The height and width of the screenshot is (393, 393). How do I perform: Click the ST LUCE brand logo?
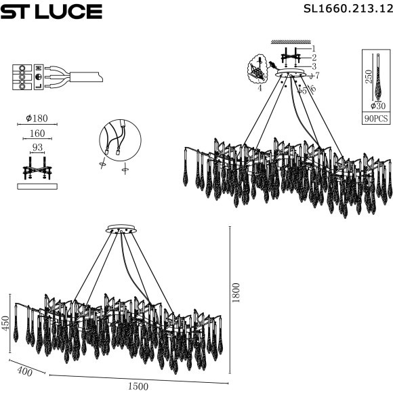[51, 12]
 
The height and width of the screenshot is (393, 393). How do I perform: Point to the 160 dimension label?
[37, 133]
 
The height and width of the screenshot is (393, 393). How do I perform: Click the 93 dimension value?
[37, 148]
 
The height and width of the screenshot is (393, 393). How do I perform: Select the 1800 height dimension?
[236, 293]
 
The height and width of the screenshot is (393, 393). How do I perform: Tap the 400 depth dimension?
[25, 371]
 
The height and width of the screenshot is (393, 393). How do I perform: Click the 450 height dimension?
[6, 323]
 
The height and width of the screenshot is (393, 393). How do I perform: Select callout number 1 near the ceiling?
[314, 48]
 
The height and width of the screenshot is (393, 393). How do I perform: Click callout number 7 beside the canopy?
[317, 75]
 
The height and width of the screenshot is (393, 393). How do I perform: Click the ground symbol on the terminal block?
[39, 77]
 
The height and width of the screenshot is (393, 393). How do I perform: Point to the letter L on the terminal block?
[39, 85]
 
